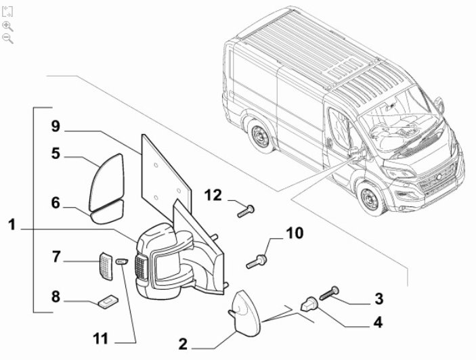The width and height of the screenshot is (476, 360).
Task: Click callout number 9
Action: [56, 126]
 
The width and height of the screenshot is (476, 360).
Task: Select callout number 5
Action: [56, 154]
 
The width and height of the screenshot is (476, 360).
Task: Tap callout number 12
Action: [213, 196]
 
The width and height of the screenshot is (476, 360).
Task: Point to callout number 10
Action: [294, 234]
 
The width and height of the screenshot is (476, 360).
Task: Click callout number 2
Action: [183, 344]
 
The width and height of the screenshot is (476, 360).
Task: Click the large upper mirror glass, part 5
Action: [108, 178]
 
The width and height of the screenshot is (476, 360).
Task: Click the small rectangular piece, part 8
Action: [107, 300]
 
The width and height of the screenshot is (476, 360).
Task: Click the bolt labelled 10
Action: [258, 259]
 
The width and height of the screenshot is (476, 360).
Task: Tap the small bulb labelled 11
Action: [122, 261]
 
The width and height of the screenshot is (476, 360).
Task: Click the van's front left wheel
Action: [370, 201]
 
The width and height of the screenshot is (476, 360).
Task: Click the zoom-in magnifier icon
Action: [7, 26]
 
